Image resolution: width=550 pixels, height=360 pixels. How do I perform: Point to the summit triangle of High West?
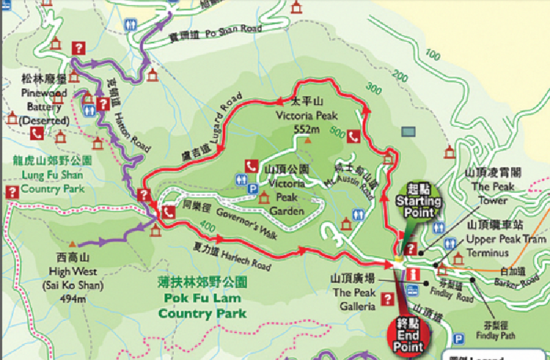(x=74, y=243)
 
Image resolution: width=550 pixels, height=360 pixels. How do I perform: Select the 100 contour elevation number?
(x=433, y=55)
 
